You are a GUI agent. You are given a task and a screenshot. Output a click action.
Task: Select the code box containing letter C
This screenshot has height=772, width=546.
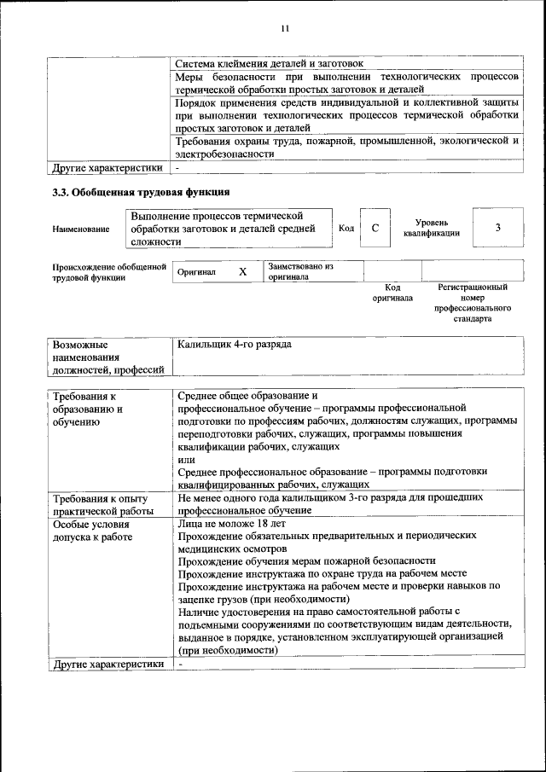point(375,228)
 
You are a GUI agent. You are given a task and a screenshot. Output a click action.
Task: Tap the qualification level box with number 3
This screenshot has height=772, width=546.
point(497,228)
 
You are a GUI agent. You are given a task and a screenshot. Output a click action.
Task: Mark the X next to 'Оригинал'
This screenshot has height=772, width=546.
point(242,272)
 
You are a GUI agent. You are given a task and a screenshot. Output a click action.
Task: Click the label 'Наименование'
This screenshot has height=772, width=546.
point(81,229)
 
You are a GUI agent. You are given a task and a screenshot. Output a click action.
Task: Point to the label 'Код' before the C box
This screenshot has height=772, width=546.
point(346,228)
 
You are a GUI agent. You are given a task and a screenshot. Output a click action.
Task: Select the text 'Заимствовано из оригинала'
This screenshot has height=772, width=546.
point(299,271)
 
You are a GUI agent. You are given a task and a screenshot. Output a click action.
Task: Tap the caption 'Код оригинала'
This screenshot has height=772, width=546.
point(392,293)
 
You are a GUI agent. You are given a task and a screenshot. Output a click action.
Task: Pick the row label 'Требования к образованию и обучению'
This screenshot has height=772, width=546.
point(88,409)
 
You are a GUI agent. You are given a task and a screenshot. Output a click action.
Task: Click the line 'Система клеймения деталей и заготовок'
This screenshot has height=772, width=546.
point(269,63)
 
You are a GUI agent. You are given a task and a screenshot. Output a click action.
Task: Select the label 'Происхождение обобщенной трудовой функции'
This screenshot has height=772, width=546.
point(108,272)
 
